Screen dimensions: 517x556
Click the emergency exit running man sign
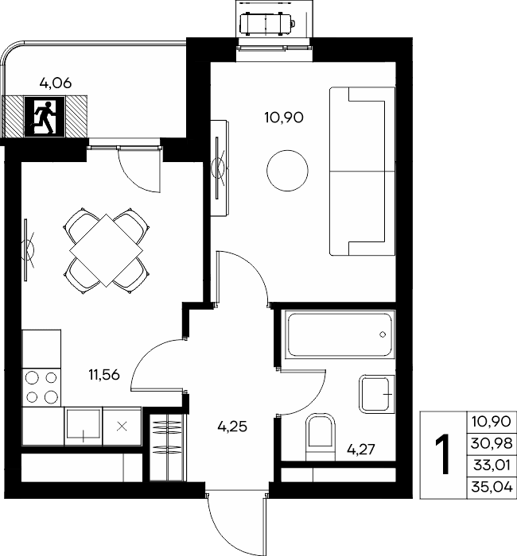pyautogui.click(x=45, y=117)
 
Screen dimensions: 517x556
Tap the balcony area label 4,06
pyautogui.click(x=56, y=83)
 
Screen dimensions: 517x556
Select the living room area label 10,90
pyautogui.click(x=284, y=118)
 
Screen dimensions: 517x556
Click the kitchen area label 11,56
pyautogui.click(x=104, y=374)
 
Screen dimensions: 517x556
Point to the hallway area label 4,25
pyautogui.click(x=232, y=427)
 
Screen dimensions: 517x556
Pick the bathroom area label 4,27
pyautogui.click(x=361, y=450)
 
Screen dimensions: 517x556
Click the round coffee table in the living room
pyautogui.click(x=287, y=171)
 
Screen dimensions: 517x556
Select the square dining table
pyautogui.click(x=106, y=250)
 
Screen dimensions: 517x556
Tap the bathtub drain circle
pyautogui.click(x=383, y=334)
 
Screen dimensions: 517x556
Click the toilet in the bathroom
pyautogui.click(x=321, y=437)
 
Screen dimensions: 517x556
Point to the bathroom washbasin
pyautogui.click(x=377, y=394)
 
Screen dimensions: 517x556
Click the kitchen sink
pyautogui.click(x=83, y=427)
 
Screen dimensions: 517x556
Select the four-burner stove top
pyautogui.click(x=41, y=388)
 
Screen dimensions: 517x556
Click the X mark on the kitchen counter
pyautogui.click(x=122, y=427)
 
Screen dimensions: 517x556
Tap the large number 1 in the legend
pyautogui.click(x=442, y=454)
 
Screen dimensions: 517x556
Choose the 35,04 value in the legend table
pyautogui.click(x=492, y=487)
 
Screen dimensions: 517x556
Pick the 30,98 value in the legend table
pyautogui.click(x=492, y=443)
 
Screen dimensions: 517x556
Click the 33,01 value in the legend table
pyautogui.click(x=492, y=465)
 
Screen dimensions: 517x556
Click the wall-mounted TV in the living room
pyautogui.click(x=218, y=168)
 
